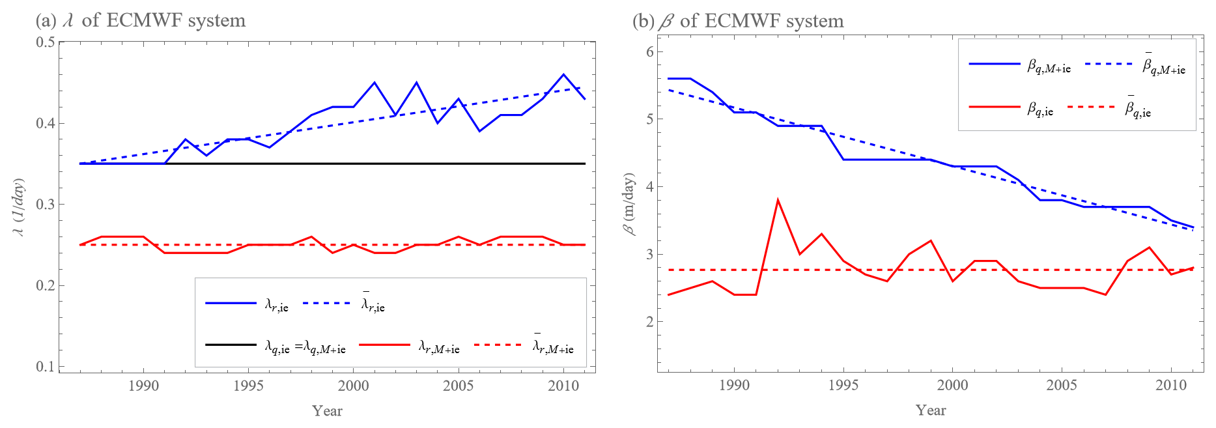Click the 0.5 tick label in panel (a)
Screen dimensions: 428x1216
45,42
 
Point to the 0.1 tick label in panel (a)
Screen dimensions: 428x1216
45,367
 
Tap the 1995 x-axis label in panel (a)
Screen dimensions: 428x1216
248,386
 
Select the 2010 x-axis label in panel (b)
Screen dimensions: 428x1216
1171,385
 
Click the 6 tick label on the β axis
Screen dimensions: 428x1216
649,52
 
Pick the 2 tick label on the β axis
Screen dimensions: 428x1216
649,322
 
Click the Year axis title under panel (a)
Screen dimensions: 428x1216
327,410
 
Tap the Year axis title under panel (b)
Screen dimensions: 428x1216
931,410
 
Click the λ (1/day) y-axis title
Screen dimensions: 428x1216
20,207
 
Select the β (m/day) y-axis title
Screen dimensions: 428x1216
629,204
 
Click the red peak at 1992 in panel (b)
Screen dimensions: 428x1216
778,200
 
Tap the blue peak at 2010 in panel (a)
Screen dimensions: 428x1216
563,74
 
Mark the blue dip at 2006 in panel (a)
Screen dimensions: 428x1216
479,131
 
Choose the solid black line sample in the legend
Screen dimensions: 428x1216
231,345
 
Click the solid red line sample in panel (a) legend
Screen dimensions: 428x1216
384,345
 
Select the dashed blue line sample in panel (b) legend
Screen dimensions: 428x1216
1109,64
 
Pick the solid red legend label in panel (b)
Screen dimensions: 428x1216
1040,109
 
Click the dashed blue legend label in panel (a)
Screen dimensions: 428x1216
373,304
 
